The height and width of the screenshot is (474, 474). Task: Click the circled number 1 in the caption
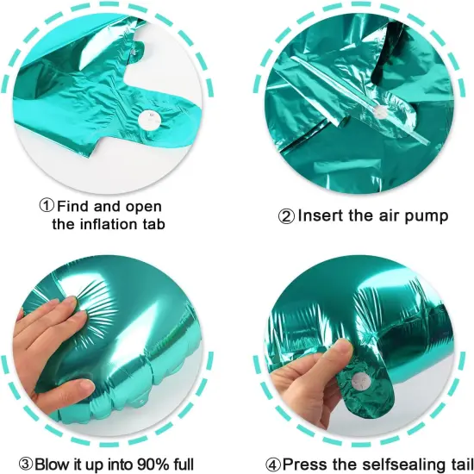(47, 206)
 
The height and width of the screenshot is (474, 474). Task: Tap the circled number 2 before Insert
(287, 215)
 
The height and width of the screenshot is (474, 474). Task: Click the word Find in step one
(74, 206)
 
